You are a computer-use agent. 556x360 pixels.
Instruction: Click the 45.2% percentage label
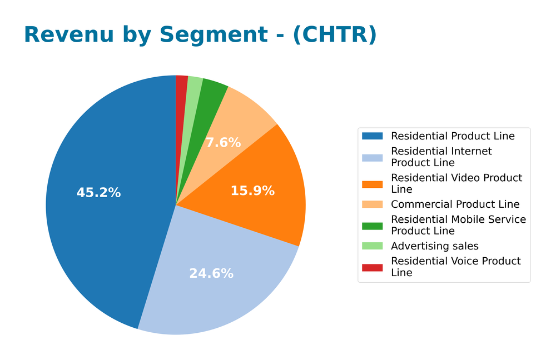98,193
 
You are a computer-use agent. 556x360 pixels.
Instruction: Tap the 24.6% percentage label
211,273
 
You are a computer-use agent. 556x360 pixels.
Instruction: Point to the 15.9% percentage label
252,191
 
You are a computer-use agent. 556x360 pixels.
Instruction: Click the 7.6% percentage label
224,143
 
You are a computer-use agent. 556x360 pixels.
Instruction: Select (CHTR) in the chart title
334,35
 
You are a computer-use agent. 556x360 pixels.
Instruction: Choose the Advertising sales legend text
434,246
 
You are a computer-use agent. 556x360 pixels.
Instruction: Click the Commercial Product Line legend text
455,204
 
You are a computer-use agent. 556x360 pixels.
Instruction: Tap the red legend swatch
372,267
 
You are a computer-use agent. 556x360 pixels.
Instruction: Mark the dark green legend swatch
372,226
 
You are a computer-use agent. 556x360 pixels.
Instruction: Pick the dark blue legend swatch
372,136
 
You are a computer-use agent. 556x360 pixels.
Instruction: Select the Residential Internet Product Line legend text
441,157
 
